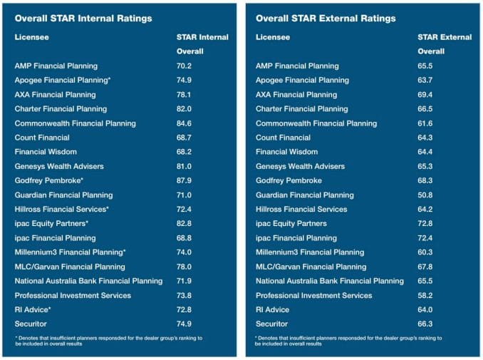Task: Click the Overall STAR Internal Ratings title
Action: pyautogui.click(x=83, y=18)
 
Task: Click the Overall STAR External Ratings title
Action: pyautogui.click(x=326, y=18)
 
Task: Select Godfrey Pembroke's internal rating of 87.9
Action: pyautogui.click(x=185, y=180)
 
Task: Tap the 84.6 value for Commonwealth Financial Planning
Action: pyautogui.click(x=185, y=123)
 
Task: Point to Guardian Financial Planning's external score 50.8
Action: pyautogui.click(x=425, y=195)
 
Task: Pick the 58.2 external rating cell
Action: pyautogui.click(x=425, y=295)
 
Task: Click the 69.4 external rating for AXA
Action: pyautogui.click(x=425, y=95)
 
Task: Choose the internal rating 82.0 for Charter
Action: pyautogui.click(x=185, y=109)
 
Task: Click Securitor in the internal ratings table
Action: pyautogui.click(x=31, y=324)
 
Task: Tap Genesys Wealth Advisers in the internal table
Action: pyautogui.click(x=59, y=166)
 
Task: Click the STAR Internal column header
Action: pyautogui.click(x=203, y=37)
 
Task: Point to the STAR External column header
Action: pyautogui.click(x=445, y=37)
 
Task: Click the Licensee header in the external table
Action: pyautogui.click(x=273, y=37)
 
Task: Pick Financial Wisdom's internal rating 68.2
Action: pyautogui.click(x=185, y=152)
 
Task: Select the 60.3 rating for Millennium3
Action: pyautogui.click(x=425, y=252)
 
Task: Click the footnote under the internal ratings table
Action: pyautogui.click(x=108, y=340)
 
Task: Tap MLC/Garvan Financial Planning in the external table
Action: pyautogui.click(x=311, y=267)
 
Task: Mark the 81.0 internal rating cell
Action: pyautogui.click(x=185, y=166)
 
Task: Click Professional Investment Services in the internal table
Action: pyautogui.click(x=73, y=295)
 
